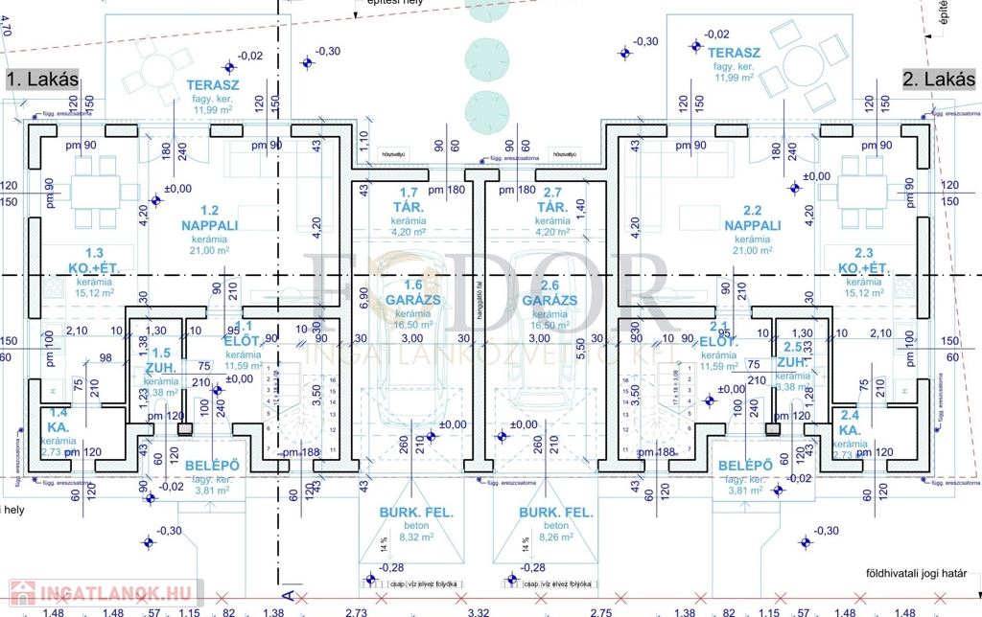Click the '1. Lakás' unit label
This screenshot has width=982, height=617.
pos(42,80)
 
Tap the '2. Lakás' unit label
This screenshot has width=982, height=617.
pos(937,80)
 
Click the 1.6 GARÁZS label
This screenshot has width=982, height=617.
pos(413,298)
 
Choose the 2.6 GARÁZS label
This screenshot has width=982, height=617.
pos(549,298)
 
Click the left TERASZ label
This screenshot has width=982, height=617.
pos(212,85)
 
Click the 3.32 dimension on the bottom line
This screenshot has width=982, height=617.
pos(479,612)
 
